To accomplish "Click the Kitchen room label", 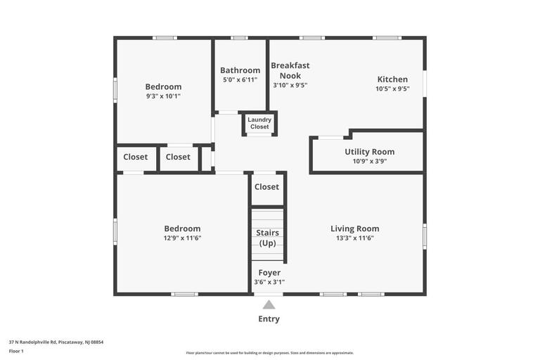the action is point(392,79).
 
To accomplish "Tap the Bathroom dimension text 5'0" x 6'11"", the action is point(240,80).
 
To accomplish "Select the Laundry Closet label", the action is point(259,123).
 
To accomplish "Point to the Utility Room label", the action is point(370,152).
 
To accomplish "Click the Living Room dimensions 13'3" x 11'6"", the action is point(354,238).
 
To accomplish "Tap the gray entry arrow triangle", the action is point(269,304).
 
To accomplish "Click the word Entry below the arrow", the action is point(269,319).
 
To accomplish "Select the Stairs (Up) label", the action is point(268,238).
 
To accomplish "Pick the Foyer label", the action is point(269,273).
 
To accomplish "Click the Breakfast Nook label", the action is point(290,70).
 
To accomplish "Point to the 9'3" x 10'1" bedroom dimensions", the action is point(163,96).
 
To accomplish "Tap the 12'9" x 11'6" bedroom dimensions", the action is point(182,238).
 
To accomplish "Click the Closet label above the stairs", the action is point(266,187).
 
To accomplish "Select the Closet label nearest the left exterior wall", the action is point(135,157).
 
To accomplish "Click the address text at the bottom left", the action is point(56,342).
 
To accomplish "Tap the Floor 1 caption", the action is point(16,352).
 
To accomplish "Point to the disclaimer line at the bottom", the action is point(270,353).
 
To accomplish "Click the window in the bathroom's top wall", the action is point(239,38).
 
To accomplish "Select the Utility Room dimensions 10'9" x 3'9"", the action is point(370,161).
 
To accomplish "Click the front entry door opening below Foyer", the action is point(269,294).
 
